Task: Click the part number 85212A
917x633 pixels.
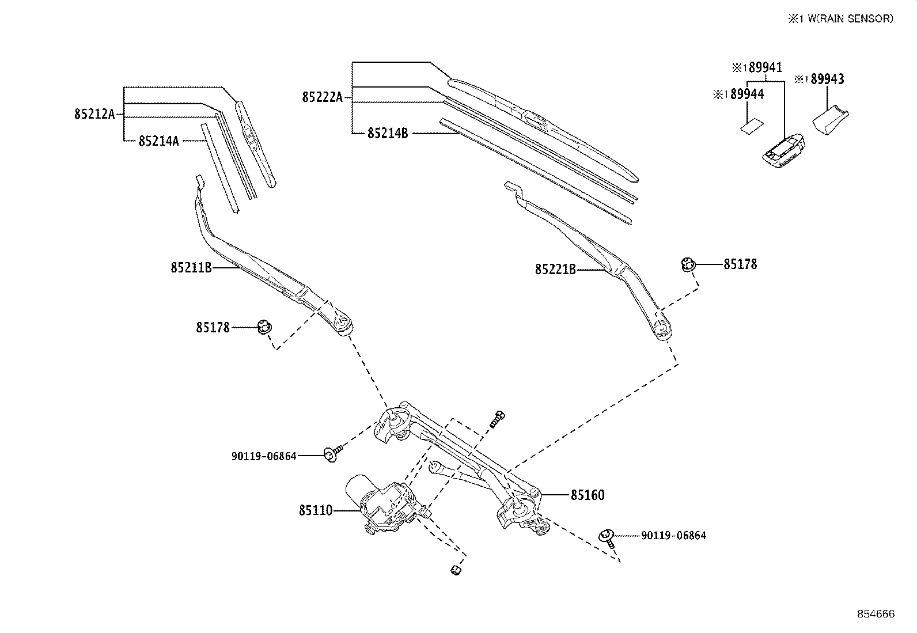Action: tap(94, 114)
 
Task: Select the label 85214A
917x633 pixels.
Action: tap(159, 141)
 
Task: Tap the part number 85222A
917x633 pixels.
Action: tap(323, 97)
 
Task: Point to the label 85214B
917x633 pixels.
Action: tap(388, 134)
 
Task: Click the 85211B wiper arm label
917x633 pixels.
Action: tap(191, 268)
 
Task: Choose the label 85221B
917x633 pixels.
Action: tap(555, 270)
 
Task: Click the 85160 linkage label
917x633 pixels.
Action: tap(588, 495)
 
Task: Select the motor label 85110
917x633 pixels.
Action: tap(316, 510)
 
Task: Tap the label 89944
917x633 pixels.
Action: tap(747, 94)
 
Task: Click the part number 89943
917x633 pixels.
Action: tap(827, 79)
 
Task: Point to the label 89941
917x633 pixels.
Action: tap(765, 67)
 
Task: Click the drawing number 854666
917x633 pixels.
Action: tap(876, 614)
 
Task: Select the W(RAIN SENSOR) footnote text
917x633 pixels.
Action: tap(850, 19)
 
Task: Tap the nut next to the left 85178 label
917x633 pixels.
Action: tap(265, 328)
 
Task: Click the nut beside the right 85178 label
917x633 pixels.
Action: tap(688, 264)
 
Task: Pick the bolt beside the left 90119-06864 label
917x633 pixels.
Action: tap(333, 453)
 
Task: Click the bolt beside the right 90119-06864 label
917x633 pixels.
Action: tap(608, 539)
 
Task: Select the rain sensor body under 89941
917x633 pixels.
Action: tap(783, 151)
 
